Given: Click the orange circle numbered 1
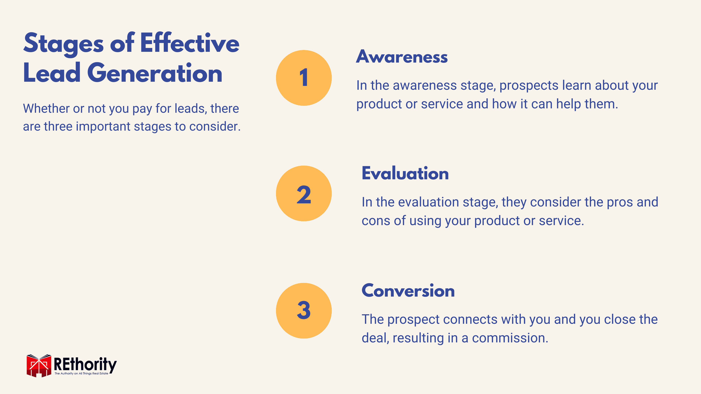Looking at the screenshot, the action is point(304,78).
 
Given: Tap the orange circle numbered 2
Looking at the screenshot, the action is point(304,193).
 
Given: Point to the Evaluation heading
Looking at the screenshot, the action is point(405,173).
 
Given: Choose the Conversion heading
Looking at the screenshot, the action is point(408,291).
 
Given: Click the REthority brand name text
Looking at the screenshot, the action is point(85,364).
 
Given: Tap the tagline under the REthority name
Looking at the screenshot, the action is point(81,374).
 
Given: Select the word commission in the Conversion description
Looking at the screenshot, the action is point(510,338).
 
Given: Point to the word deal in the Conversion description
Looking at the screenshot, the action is point(376,338).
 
